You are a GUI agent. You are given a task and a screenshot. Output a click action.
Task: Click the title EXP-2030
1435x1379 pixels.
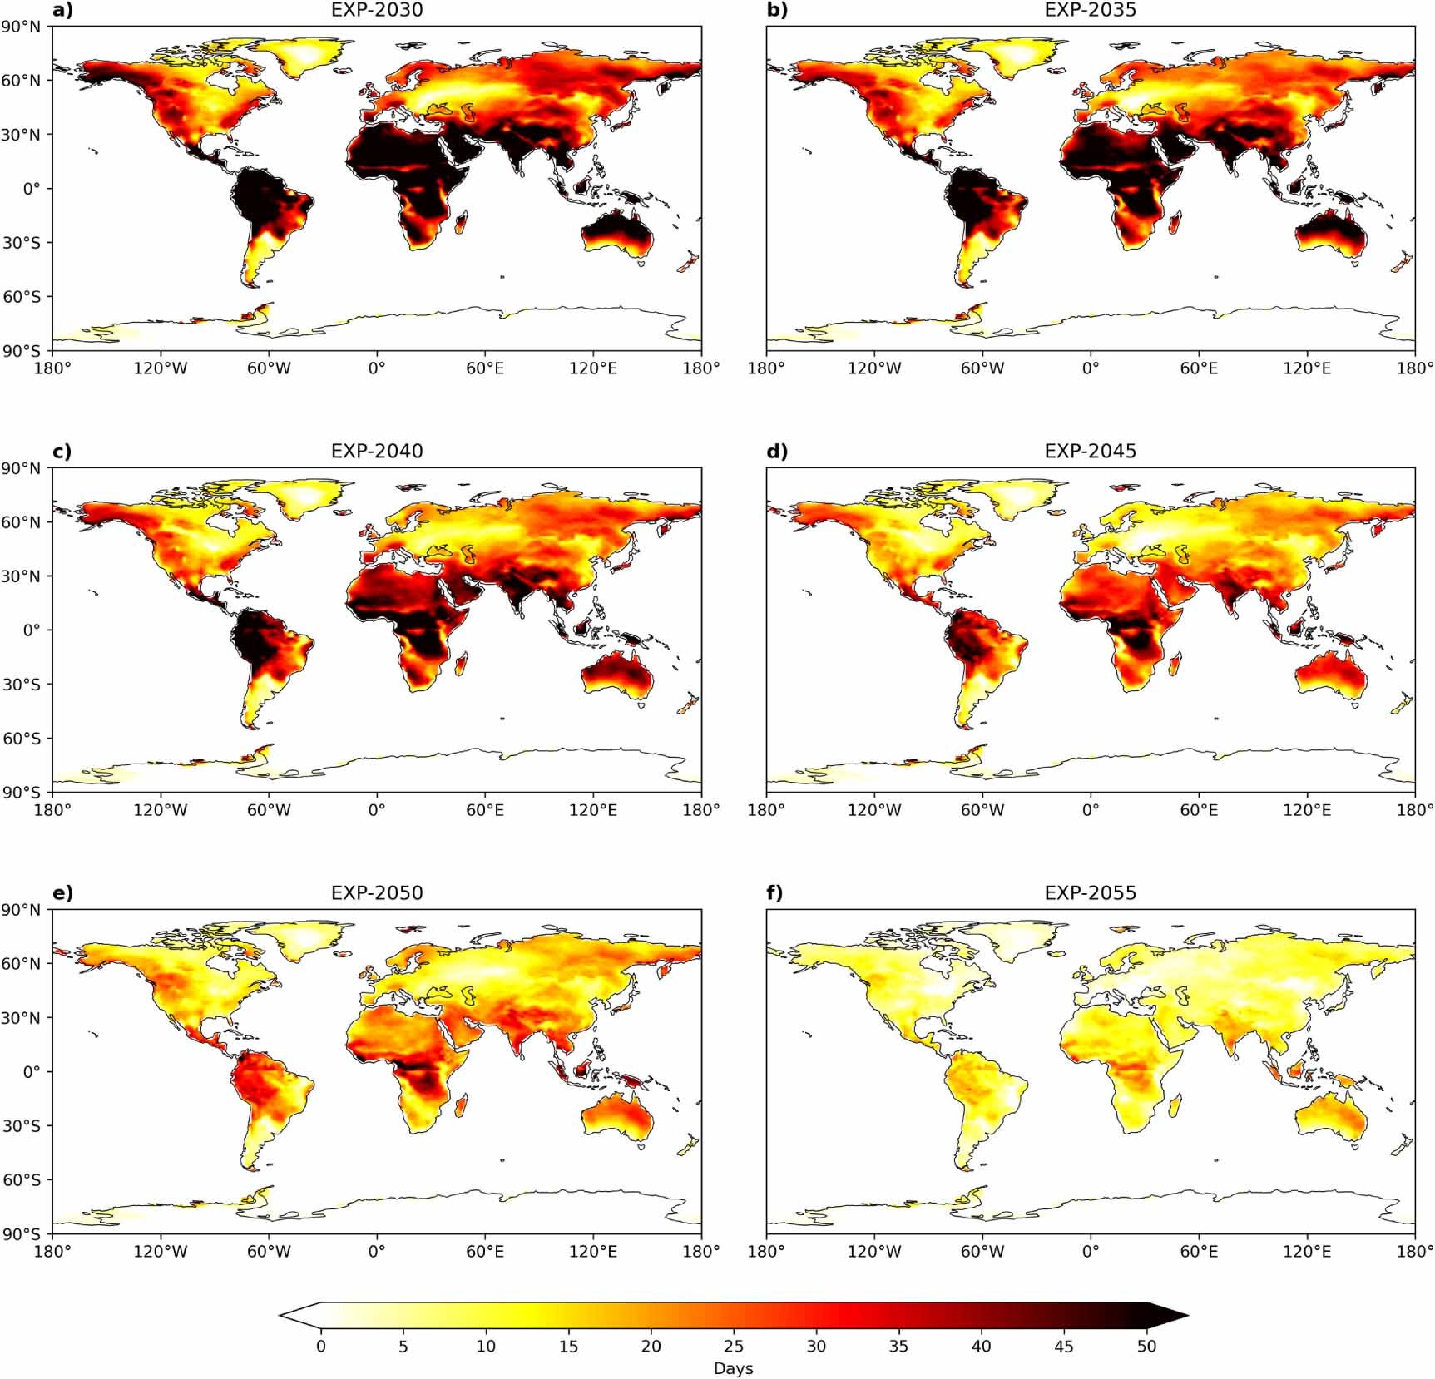[377, 10]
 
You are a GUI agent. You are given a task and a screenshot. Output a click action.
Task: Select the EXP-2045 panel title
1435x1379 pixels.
[1090, 451]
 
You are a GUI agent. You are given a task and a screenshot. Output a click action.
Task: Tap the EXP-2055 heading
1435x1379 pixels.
[1090, 892]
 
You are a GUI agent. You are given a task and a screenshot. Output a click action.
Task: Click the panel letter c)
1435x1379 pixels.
[62, 451]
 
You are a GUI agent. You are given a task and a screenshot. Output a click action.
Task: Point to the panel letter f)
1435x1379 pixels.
[774, 892]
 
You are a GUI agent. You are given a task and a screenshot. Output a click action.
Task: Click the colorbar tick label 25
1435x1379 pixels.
[733, 1346]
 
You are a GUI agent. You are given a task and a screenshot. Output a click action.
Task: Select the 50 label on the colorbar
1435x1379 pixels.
[1146, 1346]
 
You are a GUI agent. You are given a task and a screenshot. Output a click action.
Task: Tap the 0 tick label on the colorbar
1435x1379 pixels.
[321, 1346]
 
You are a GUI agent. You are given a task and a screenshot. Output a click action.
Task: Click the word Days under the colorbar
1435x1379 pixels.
[733, 1368]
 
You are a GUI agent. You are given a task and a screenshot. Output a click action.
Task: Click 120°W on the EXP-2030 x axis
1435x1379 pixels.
[161, 368]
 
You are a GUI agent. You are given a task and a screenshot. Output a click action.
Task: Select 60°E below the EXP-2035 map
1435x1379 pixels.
[1199, 368]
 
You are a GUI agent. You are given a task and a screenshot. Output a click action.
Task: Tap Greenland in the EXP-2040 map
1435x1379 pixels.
[308, 498]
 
